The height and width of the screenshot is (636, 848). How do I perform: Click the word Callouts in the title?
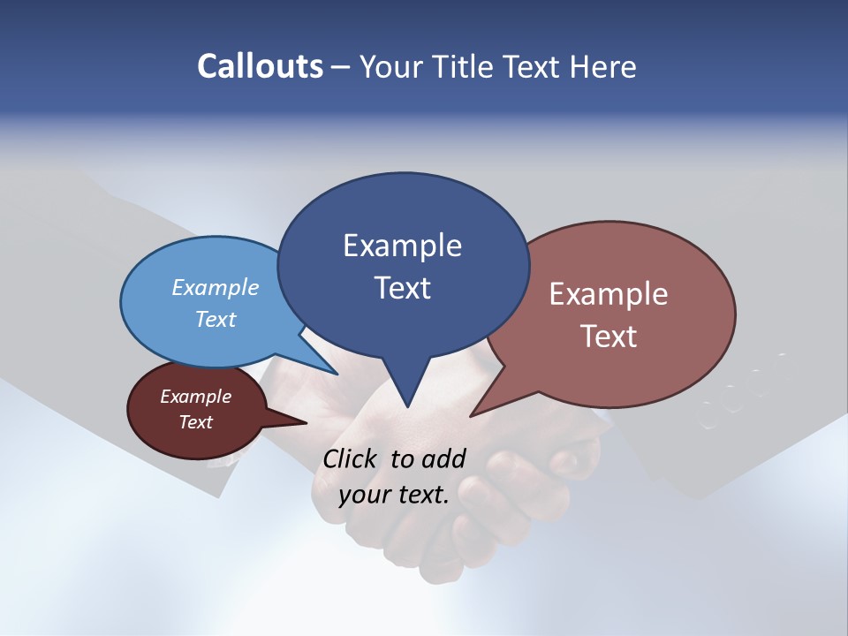[x=260, y=66]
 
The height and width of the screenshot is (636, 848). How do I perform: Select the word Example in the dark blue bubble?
[x=402, y=246]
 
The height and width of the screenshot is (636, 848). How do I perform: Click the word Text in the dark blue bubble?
[x=402, y=287]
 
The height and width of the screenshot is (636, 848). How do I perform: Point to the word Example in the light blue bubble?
[x=215, y=287]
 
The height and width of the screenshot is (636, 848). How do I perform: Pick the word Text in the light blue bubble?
[x=215, y=319]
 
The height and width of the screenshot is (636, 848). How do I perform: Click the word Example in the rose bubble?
[x=609, y=294]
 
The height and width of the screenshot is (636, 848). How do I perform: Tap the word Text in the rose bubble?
[x=609, y=336]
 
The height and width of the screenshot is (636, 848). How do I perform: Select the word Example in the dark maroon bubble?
[x=195, y=397]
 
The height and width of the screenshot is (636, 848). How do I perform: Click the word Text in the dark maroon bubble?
[x=195, y=422]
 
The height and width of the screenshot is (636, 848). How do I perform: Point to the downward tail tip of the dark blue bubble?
[x=407, y=405]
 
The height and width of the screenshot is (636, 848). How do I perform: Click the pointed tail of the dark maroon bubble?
[x=302, y=422]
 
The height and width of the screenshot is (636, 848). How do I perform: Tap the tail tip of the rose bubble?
[x=473, y=414]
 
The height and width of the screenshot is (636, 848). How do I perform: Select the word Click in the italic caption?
[x=351, y=458]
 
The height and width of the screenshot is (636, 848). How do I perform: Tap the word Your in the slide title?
[x=392, y=66]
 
